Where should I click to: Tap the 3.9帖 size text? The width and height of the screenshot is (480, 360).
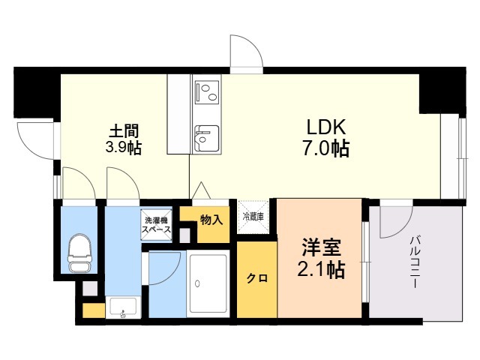click(x=124, y=147)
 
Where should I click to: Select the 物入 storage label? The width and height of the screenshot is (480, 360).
click(x=211, y=220)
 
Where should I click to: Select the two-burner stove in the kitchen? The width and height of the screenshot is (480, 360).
click(x=205, y=93)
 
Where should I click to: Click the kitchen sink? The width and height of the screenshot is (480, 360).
click(x=205, y=137)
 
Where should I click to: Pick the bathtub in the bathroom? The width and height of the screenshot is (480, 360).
click(x=208, y=285)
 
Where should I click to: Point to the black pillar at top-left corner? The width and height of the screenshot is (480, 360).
click(x=36, y=92)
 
